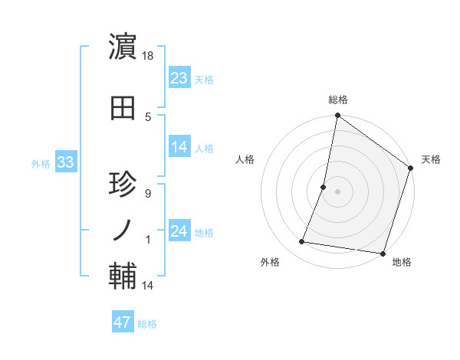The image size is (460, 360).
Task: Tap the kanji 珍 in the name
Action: pos(123,185)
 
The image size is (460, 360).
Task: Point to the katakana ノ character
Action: pos(123,229)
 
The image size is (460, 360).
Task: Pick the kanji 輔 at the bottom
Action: pos(123,275)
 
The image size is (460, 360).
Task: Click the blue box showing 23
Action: pos(179,77)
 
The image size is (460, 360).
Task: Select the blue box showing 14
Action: pos(179,148)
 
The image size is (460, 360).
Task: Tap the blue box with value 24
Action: pos(179,231)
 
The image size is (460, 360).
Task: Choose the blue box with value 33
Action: pos(65,162)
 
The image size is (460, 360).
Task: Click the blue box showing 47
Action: pos(123,322)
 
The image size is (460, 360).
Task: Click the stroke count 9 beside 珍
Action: pos(148,193)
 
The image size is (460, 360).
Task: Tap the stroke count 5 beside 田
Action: pos(148,116)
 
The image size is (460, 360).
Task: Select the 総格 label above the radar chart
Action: pos(337,100)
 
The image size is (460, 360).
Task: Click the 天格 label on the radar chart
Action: pos(431,159)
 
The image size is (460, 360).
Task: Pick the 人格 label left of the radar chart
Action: pos(245,159)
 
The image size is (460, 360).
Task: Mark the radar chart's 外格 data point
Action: pos(302,242)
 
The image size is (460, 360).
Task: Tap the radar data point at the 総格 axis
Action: pos(337,116)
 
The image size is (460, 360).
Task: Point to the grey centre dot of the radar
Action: pos(337,191)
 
